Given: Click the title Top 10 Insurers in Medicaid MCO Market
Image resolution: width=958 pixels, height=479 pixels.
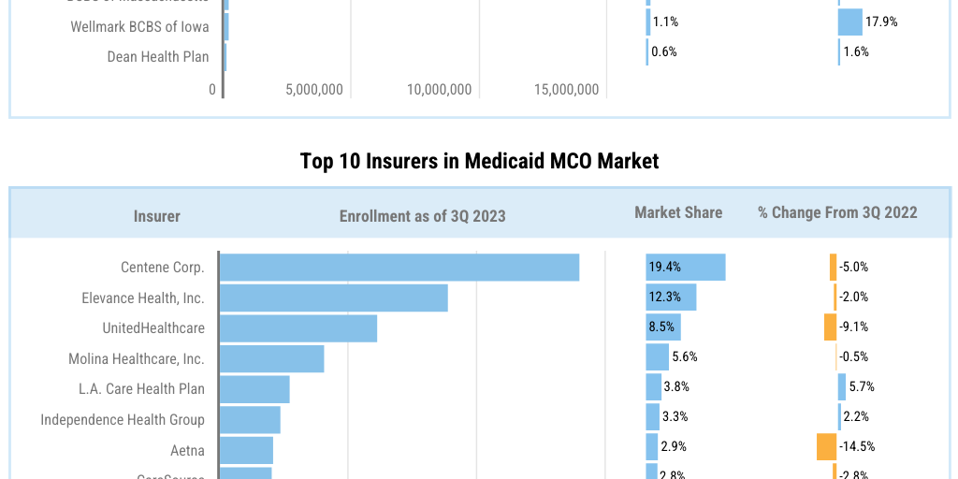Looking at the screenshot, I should [479, 161].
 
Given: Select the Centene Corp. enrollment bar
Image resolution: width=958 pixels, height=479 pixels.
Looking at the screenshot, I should [399, 268].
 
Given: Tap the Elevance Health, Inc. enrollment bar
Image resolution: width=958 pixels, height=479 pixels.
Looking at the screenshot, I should [334, 298].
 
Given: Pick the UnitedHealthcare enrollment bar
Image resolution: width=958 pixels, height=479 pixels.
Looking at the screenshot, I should [298, 327].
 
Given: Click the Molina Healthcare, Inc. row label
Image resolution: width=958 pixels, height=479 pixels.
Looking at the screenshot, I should [137, 358].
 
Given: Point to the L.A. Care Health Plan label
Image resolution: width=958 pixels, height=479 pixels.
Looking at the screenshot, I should [141, 388].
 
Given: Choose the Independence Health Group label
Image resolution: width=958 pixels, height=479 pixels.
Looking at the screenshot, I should [123, 419].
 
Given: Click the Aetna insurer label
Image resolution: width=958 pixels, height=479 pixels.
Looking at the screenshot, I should [187, 450].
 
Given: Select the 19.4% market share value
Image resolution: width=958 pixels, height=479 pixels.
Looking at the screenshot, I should [665, 268].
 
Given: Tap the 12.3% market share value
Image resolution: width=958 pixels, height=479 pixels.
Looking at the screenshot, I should [665, 298].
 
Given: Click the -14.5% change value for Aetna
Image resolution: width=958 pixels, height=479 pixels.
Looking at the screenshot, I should [857, 447].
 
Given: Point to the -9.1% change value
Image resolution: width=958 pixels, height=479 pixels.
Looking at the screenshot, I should [853, 327].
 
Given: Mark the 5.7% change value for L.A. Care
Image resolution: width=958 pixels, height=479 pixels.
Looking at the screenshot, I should [861, 386].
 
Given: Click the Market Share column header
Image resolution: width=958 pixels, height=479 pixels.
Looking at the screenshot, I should [678, 212].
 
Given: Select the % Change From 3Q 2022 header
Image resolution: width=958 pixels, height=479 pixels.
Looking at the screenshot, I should [837, 212].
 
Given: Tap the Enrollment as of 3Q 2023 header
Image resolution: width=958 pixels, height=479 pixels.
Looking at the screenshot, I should [422, 216].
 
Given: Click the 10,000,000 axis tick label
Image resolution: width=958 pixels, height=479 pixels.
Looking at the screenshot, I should [440, 90].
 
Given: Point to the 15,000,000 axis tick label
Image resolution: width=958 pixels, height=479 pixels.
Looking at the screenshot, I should [566, 90].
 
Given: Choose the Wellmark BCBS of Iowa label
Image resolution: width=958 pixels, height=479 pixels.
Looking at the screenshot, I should [140, 26].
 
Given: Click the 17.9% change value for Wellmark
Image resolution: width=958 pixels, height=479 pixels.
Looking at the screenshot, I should [881, 22].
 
